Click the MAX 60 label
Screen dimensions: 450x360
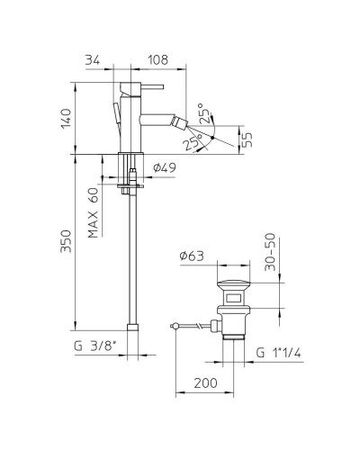click(94, 213)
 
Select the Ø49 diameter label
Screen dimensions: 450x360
click(163, 167)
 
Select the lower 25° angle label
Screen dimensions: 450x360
click(191, 143)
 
